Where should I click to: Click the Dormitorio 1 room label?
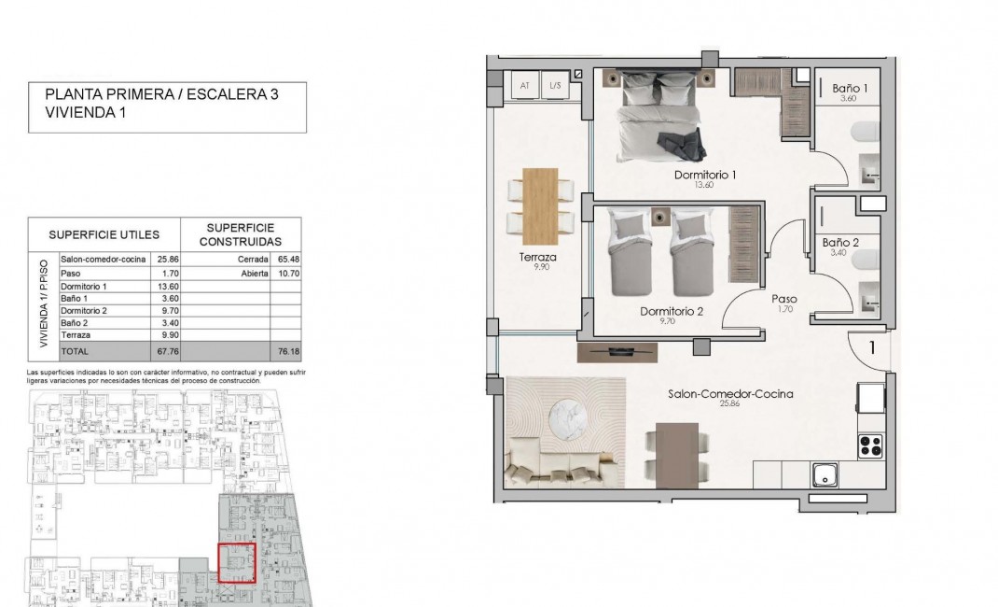pos(705,175)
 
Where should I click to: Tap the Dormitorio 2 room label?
pos(672,311)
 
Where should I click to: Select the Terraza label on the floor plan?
pos(538,257)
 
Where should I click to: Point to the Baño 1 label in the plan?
pos(850,89)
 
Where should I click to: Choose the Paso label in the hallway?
pos(783,300)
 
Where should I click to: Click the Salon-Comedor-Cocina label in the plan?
pos(730,394)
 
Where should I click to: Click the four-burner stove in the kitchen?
pos(870,445)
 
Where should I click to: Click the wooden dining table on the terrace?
pos(540,203)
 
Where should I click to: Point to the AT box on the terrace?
pos(524,86)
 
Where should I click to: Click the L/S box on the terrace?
pos(555,86)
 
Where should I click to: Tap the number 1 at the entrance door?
pos(871,348)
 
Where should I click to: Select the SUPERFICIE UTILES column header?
pos(104,234)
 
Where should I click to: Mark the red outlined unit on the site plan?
pos(236,562)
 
